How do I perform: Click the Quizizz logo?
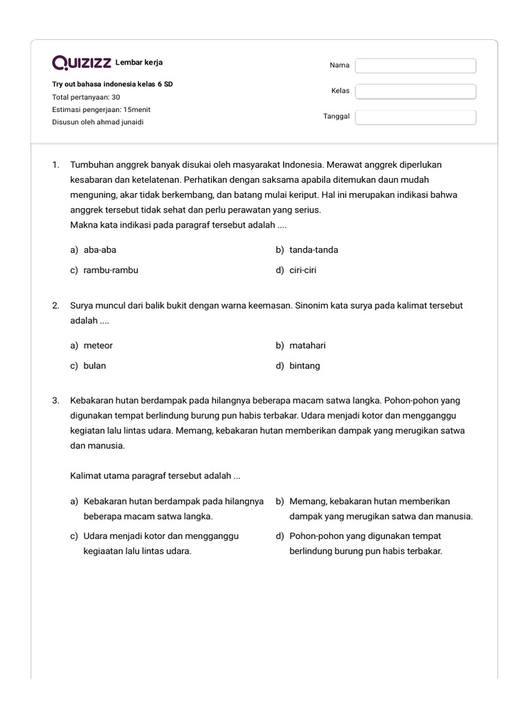point(82,63)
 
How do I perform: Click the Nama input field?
point(415,66)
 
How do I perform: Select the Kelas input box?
point(415,91)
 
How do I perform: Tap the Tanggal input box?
point(415,117)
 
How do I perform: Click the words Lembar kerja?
point(139,63)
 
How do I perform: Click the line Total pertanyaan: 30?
point(86,98)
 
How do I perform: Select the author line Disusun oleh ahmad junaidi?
point(98,122)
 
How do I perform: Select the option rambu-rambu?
point(111,270)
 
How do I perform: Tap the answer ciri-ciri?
point(302,270)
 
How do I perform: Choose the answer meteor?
point(98,346)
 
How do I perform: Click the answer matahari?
point(307,346)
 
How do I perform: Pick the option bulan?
point(95,366)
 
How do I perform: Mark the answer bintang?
point(305,366)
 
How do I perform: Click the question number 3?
point(56,400)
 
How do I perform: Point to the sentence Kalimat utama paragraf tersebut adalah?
point(155,476)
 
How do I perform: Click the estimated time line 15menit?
point(101,110)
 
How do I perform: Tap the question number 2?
point(56,305)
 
